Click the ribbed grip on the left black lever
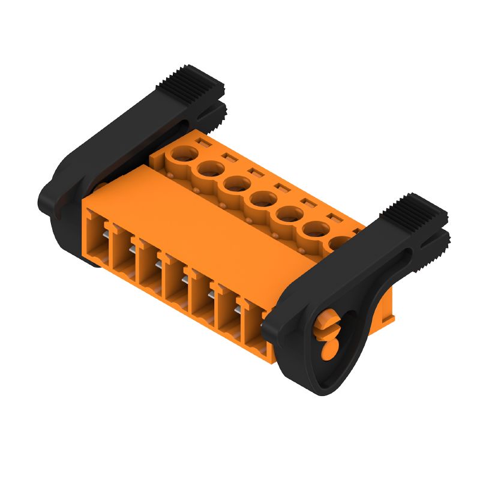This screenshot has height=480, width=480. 191,82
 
